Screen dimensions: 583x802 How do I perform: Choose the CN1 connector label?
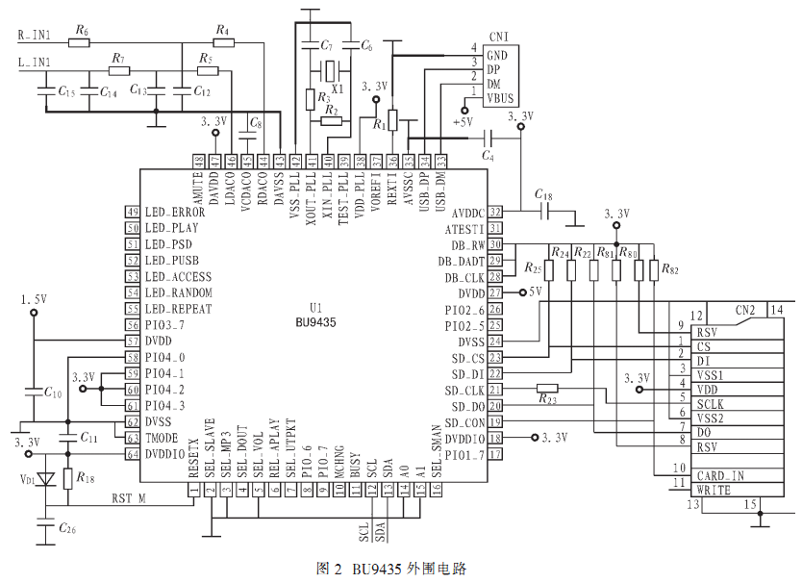tap(499, 37)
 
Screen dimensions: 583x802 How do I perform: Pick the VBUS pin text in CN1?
tap(501, 98)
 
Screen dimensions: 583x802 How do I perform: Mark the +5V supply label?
tap(464, 121)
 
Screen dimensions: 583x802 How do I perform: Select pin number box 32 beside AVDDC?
tap(496, 212)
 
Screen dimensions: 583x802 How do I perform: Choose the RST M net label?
tap(129, 497)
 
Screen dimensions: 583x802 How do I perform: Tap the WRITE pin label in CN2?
tap(715, 490)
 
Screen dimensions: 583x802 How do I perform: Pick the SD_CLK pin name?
tap(466, 390)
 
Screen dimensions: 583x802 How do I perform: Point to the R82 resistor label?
tap(669, 270)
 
